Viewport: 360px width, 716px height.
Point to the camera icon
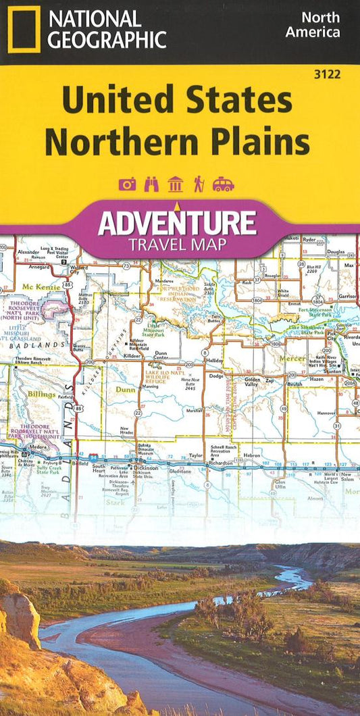click(x=127, y=184)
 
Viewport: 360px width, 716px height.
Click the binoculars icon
click(x=151, y=184)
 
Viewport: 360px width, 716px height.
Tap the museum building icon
click(x=175, y=184)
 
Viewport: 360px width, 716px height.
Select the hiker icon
click(x=199, y=184)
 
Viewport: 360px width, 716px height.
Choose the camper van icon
click(x=223, y=184)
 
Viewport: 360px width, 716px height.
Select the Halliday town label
click(x=215, y=361)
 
